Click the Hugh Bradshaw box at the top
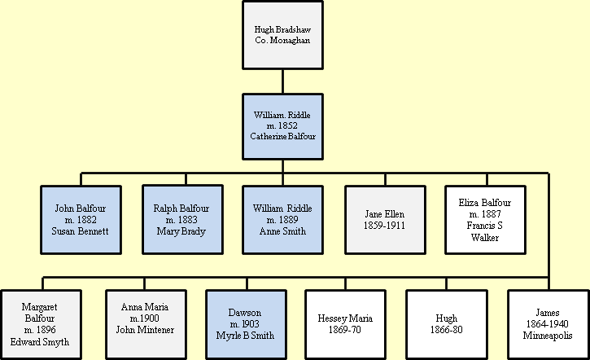[282, 36]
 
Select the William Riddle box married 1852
[282, 126]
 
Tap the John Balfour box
[81, 219]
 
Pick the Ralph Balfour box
[182, 219]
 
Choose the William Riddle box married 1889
[282, 219]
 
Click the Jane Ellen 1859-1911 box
[385, 219]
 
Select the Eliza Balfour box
[485, 219]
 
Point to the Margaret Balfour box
[41, 324]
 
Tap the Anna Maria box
[144, 324]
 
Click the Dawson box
[245, 324]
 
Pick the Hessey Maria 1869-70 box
[345, 324]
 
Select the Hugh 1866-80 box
[446, 324]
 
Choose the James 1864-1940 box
[548, 324]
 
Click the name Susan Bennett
[81, 230]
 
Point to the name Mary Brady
[182, 230]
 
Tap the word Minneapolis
[548, 335]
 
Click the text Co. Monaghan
[282, 41]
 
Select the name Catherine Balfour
[282, 136]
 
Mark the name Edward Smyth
[41, 341]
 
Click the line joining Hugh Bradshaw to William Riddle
[282, 81]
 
